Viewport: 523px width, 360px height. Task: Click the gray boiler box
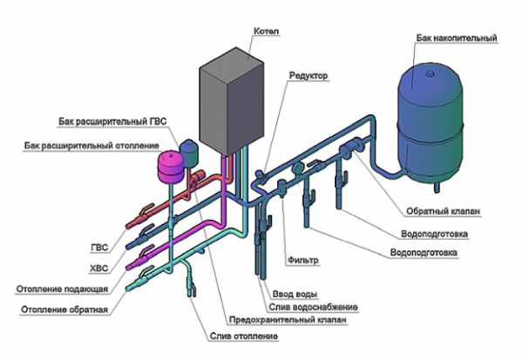tap(231, 101)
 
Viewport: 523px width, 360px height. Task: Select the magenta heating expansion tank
tap(170, 166)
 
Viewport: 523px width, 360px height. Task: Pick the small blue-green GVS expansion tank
tap(189, 153)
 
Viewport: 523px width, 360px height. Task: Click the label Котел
tap(266, 31)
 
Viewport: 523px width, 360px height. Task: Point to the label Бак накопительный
tap(456, 38)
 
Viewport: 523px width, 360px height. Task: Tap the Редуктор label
tap(309, 76)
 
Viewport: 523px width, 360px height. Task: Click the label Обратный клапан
tap(443, 211)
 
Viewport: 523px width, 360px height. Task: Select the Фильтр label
tap(302, 260)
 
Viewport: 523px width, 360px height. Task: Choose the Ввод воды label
tap(295, 294)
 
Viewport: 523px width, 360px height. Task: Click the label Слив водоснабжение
tap(313, 307)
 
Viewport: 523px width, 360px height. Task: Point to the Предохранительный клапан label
tap(288, 320)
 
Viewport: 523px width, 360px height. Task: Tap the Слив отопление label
tap(244, 336)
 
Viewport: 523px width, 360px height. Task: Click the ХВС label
tap(99, 268)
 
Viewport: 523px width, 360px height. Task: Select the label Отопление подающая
tap(63, 289)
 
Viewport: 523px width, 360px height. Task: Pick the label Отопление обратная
tap(65, 309)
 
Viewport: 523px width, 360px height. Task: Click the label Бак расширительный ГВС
tap(112, 121)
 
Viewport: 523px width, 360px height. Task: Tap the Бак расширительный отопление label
tap(92, 146)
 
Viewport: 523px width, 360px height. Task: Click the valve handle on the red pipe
tap(146, 209)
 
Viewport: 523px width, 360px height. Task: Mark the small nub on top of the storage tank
tap(430, 72)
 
